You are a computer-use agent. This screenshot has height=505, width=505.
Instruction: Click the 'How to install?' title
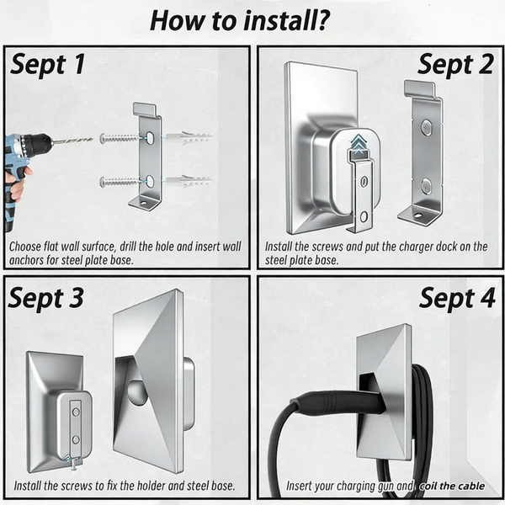240,20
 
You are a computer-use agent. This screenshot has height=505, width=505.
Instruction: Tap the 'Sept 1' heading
48,64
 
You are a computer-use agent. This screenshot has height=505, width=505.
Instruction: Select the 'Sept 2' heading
455,64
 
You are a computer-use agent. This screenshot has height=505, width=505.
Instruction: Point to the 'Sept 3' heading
45,298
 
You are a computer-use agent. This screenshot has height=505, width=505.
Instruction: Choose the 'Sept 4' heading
457,298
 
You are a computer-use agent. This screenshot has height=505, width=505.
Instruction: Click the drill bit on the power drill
72,141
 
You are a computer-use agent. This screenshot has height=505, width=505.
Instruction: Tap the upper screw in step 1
120,139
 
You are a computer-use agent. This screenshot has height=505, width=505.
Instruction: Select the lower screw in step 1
120,183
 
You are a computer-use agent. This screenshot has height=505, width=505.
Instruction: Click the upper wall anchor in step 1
189,137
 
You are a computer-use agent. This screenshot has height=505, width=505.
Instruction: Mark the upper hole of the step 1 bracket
150,138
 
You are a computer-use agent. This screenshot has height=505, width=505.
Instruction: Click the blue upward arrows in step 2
359,144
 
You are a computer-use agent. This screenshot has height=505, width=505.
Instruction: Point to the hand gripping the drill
18,183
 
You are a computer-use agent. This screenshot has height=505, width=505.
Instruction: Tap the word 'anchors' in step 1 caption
26,260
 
